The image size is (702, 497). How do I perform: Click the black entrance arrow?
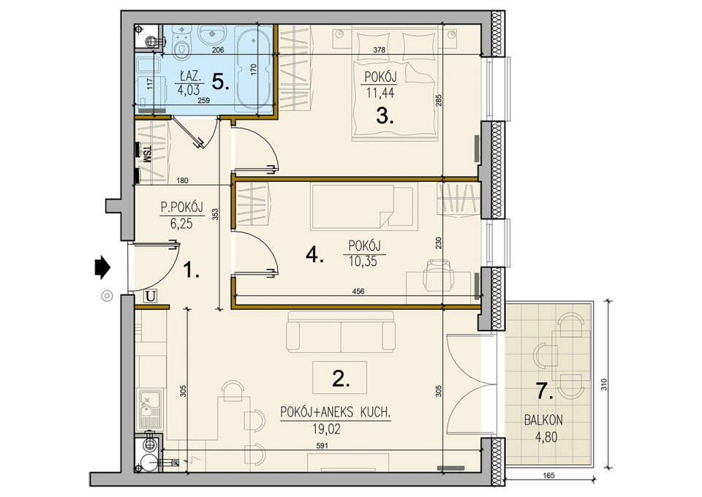coord(102,267)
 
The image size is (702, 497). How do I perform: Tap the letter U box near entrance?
coord(151,296)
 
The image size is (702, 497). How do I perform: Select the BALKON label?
coord(543,420)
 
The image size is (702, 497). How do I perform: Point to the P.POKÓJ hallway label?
coord(182,208)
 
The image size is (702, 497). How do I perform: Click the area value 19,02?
coord(326,430)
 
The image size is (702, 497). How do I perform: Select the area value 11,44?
coord(380,93)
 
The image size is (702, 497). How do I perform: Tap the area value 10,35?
coord(363,261)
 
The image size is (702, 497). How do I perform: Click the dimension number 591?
coord(322,446)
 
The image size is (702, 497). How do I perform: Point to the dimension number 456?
coord(358,291)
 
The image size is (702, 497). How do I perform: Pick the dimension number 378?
coord(379,50)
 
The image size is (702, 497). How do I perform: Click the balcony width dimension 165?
coord(548,476)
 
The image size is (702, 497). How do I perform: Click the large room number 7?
coord(544,392)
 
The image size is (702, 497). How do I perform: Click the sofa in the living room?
coord(341,332)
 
